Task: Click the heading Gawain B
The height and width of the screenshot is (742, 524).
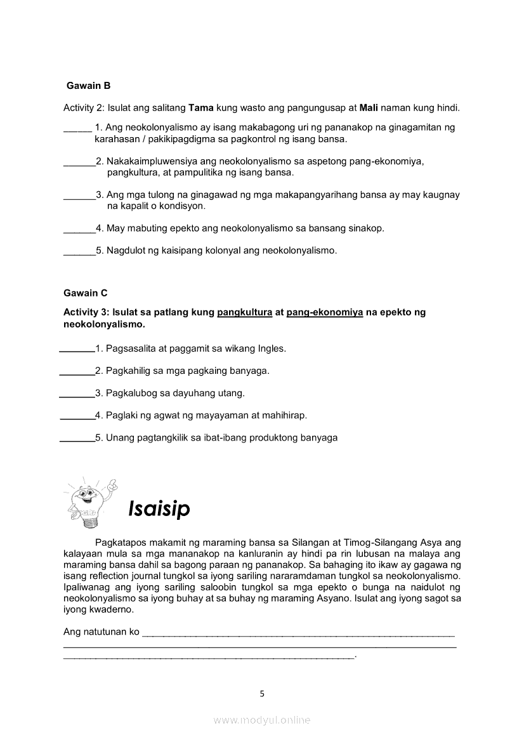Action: [x=89, y=86]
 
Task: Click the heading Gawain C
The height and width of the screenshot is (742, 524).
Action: [x=86, y=293]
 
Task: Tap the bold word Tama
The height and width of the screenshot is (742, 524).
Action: [x=201, y=108]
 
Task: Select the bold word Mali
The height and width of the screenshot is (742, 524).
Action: [x=369, y=108]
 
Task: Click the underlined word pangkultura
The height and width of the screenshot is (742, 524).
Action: [x=244, y=312]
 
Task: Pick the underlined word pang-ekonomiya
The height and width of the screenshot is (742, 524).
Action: [x=325, y=312]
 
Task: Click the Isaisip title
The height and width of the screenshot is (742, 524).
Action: [x=159, y=508]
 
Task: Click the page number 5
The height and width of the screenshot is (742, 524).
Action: [x=262, y=693]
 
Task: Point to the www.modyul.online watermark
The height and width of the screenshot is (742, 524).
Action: [x=262, y=720]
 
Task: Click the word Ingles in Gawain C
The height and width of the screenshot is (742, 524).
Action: [x=272, y=348]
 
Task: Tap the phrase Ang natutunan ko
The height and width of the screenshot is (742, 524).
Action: [x=102, y=632]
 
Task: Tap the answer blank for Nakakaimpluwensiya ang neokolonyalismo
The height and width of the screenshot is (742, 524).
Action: [x=79, y=162]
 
